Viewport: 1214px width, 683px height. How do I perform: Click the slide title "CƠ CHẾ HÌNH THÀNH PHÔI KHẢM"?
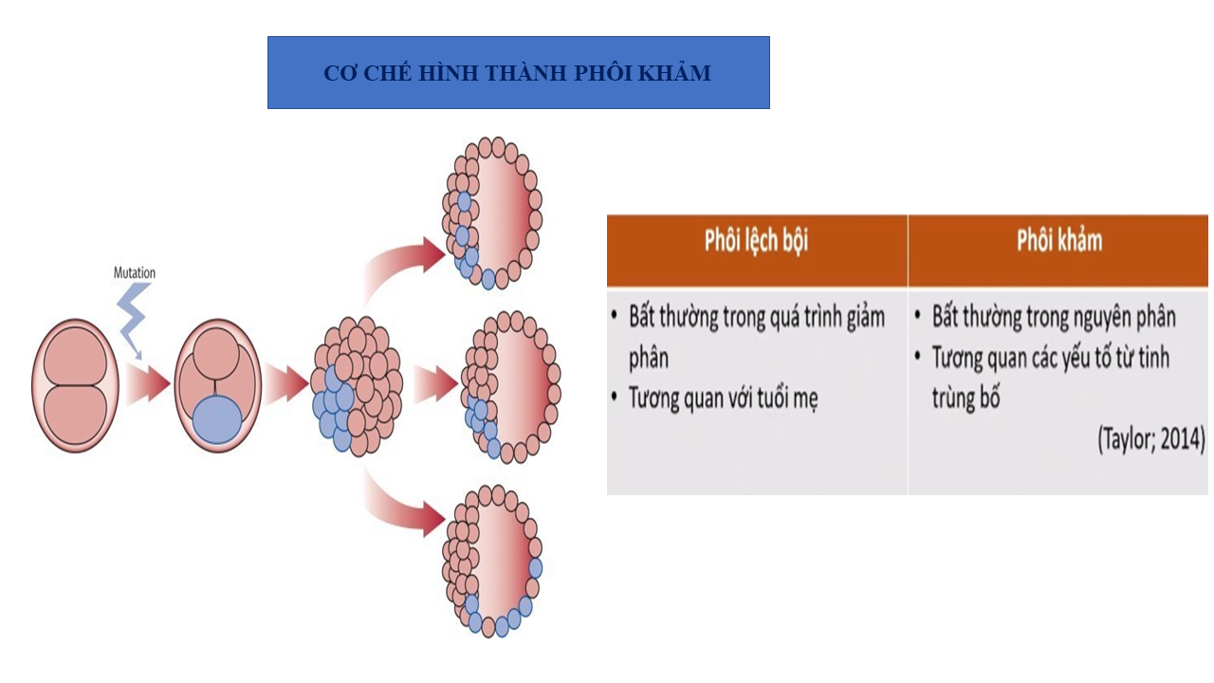[x=517, y=73]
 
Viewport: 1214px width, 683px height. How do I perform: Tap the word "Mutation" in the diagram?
[x=135, y=273]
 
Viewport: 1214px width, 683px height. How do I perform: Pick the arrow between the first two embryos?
[x=146, y=384]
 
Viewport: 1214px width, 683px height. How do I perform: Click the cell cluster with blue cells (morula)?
[x=357, y=387]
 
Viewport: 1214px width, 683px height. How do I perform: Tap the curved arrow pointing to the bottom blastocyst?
[x=403, y=503]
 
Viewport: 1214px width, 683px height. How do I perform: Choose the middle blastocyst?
[x=509, y=387]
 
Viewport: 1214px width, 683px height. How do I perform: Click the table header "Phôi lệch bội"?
[x=756, y=240]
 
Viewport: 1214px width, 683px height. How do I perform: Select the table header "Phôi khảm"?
[x=1059, y=240]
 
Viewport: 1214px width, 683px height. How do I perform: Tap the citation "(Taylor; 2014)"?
[x=1150, y=440]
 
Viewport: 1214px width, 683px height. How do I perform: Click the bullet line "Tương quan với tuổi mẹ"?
[x=723, y=397]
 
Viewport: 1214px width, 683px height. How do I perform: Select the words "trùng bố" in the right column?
[x=966, y=397]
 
